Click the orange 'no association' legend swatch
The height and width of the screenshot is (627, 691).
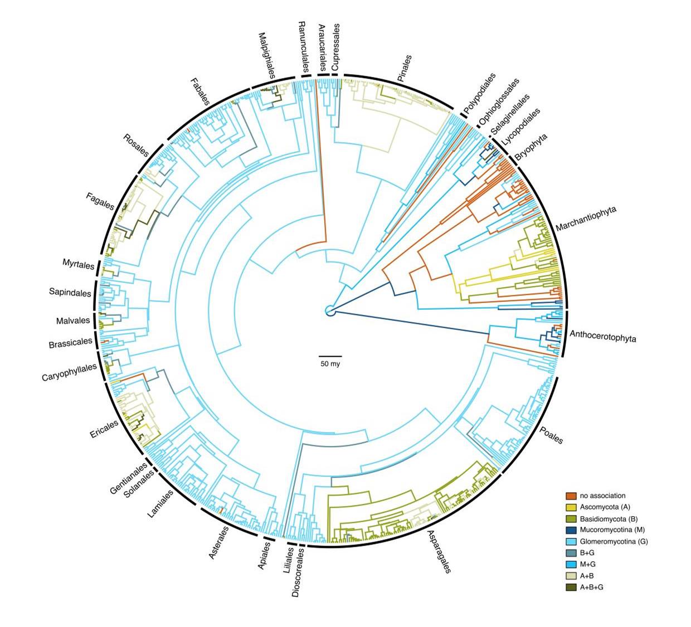[x=571, y=495]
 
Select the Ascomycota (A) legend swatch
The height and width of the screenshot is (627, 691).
[x=571, y=507]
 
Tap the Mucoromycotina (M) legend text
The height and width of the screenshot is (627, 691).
[x=612, y=530]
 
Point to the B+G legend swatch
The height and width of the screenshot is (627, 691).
[x=571, y=553]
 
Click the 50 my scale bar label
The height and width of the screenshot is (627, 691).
[x=330, y=364]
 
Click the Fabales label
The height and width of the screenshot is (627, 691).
[x=199, y=92]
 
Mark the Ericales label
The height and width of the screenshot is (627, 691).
[x=104, y=429]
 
